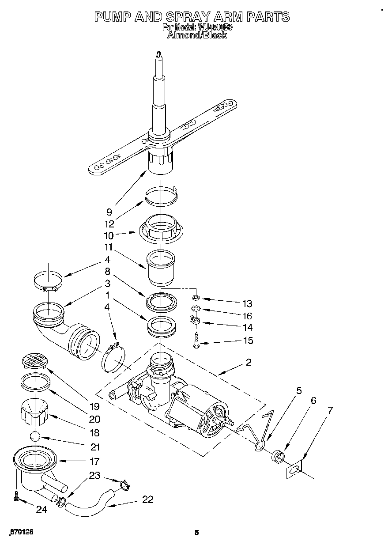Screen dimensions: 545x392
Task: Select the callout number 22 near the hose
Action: pyautogui.click(x=147, y=500)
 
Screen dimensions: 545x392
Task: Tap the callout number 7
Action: pyautogui.click(x=330, y=410)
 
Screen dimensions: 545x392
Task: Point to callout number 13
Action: pyautogui.click(x=247, y=303)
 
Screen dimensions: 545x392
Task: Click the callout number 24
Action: pyautogui.click(x=41, y=509)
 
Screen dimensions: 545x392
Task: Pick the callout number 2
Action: pyautogui.click(x=249, y=362)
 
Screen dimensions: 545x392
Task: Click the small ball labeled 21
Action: pyautogui.click(x=35, y=437)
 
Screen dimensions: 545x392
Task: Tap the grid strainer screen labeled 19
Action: pyautogui.click(x=34, y=361)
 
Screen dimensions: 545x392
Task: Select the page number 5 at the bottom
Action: pyautogui.click(x=197, y=533)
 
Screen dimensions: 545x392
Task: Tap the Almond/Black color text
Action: pyautogui.click(x=196, y=35)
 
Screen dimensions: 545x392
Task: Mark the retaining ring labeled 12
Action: pyautogui.click(x=162, y=195)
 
